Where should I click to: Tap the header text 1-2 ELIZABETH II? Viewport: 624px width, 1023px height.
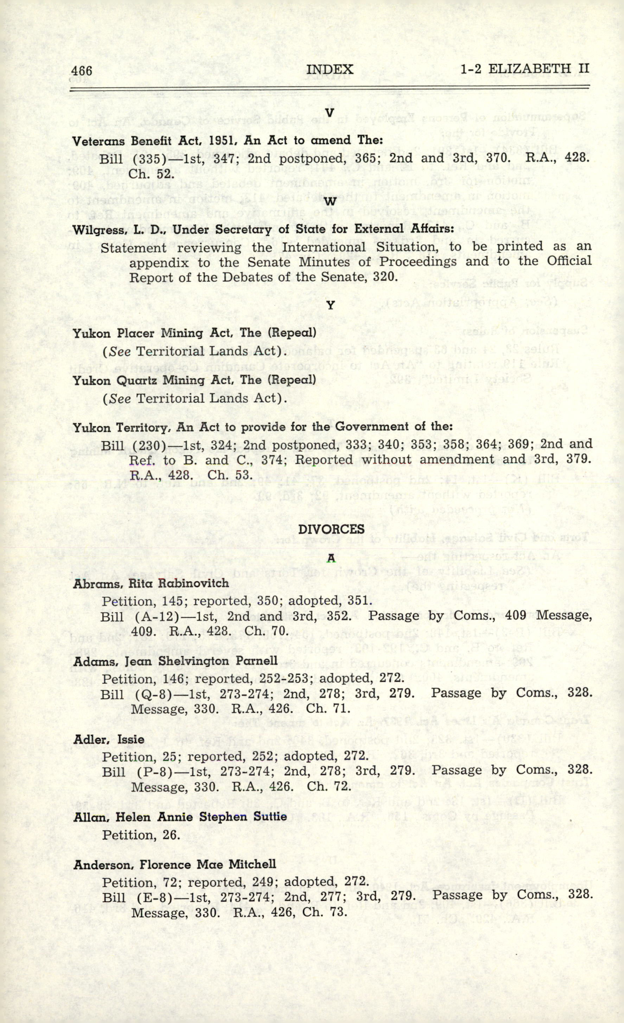point(525,69)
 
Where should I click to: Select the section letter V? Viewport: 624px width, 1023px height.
point(330,113)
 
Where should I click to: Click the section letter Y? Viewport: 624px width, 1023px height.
point(331,306)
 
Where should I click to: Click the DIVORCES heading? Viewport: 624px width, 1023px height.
point(331,529)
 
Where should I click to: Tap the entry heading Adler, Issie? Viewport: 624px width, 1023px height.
point(109,739)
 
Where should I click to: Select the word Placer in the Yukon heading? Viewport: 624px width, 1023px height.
point(136,333)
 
